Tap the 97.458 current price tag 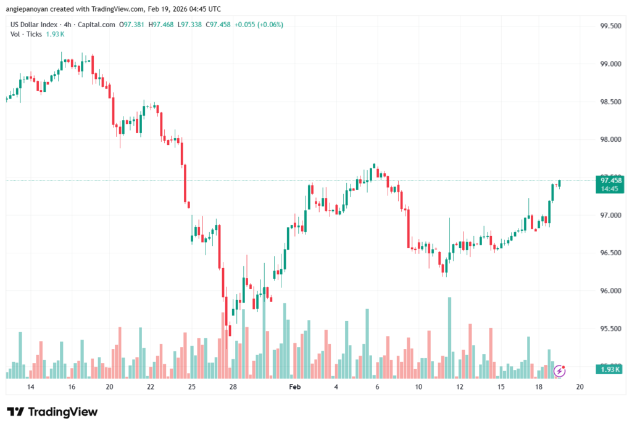click(610, 180)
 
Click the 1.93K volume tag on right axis click(610, 369)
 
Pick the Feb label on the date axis click(295, 387)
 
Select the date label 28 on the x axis click(233, 387)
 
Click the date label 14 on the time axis click(30, 387)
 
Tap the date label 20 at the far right click(580, 387)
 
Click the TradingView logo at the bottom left click(52, 412)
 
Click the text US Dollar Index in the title click(34, 25)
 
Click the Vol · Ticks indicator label click(27, 34)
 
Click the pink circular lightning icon click(560, 370)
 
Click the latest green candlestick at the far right click(559, 183)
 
